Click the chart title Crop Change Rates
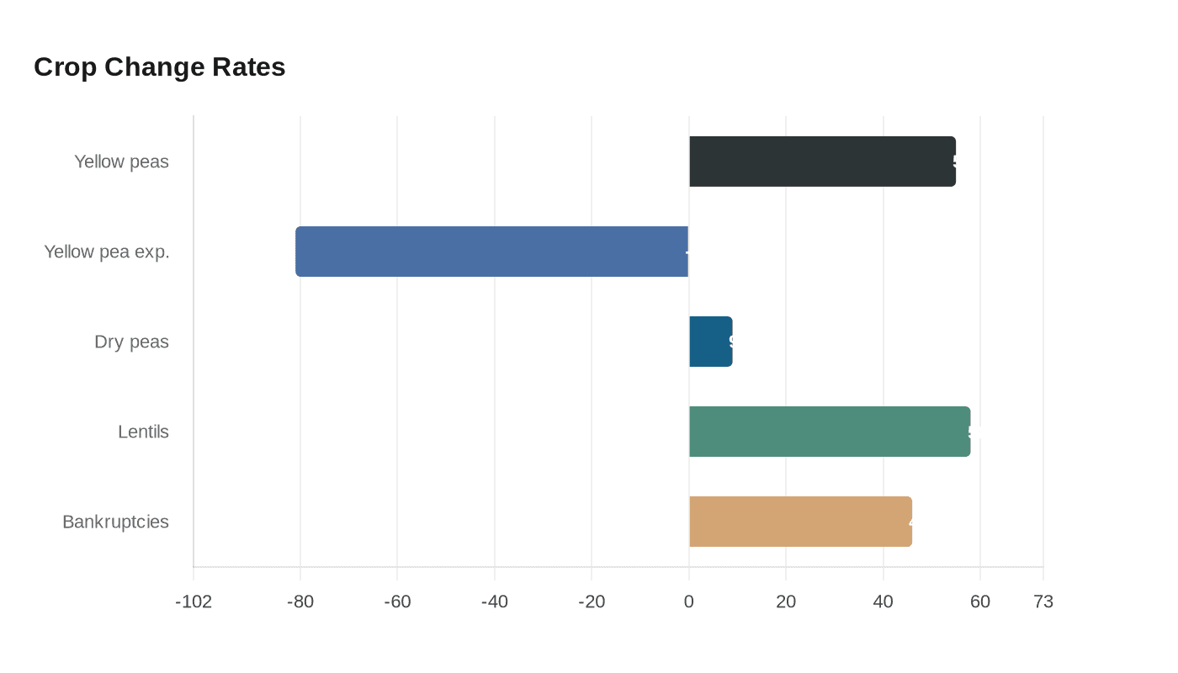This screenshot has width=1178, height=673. [x=160, y=67]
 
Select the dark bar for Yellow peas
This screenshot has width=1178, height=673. [x=822, y=162]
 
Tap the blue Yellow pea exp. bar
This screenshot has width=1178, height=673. [x=492, y=252]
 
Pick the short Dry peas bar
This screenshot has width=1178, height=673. [x=710, y=342]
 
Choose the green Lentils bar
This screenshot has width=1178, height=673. [x=830, y=432]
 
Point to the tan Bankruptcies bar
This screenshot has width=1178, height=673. [x=800, y=522]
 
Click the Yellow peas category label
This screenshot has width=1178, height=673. [x=121, y=162]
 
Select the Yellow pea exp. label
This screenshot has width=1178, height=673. [x=107, y=252]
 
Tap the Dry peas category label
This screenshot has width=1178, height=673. [x=131, y=342]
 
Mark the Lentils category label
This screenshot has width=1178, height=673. [x=143, y=432]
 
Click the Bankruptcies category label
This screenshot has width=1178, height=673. [x=115, y=522]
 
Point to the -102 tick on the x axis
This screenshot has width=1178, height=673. [x=194, y=601]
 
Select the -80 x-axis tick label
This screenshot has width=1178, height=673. [x=300, y=601]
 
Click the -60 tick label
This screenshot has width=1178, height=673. [x=397, y=601]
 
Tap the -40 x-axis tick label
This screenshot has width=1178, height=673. [x=495, y=601]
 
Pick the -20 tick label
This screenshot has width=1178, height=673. [x=592, y=601]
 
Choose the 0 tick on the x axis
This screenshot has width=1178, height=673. [x=689, y=601]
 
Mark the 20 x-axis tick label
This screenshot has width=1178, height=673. [x=786, y=601]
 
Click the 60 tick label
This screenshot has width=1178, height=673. [x=980, y=601]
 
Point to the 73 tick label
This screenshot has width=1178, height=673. [x=1043, y=601]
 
